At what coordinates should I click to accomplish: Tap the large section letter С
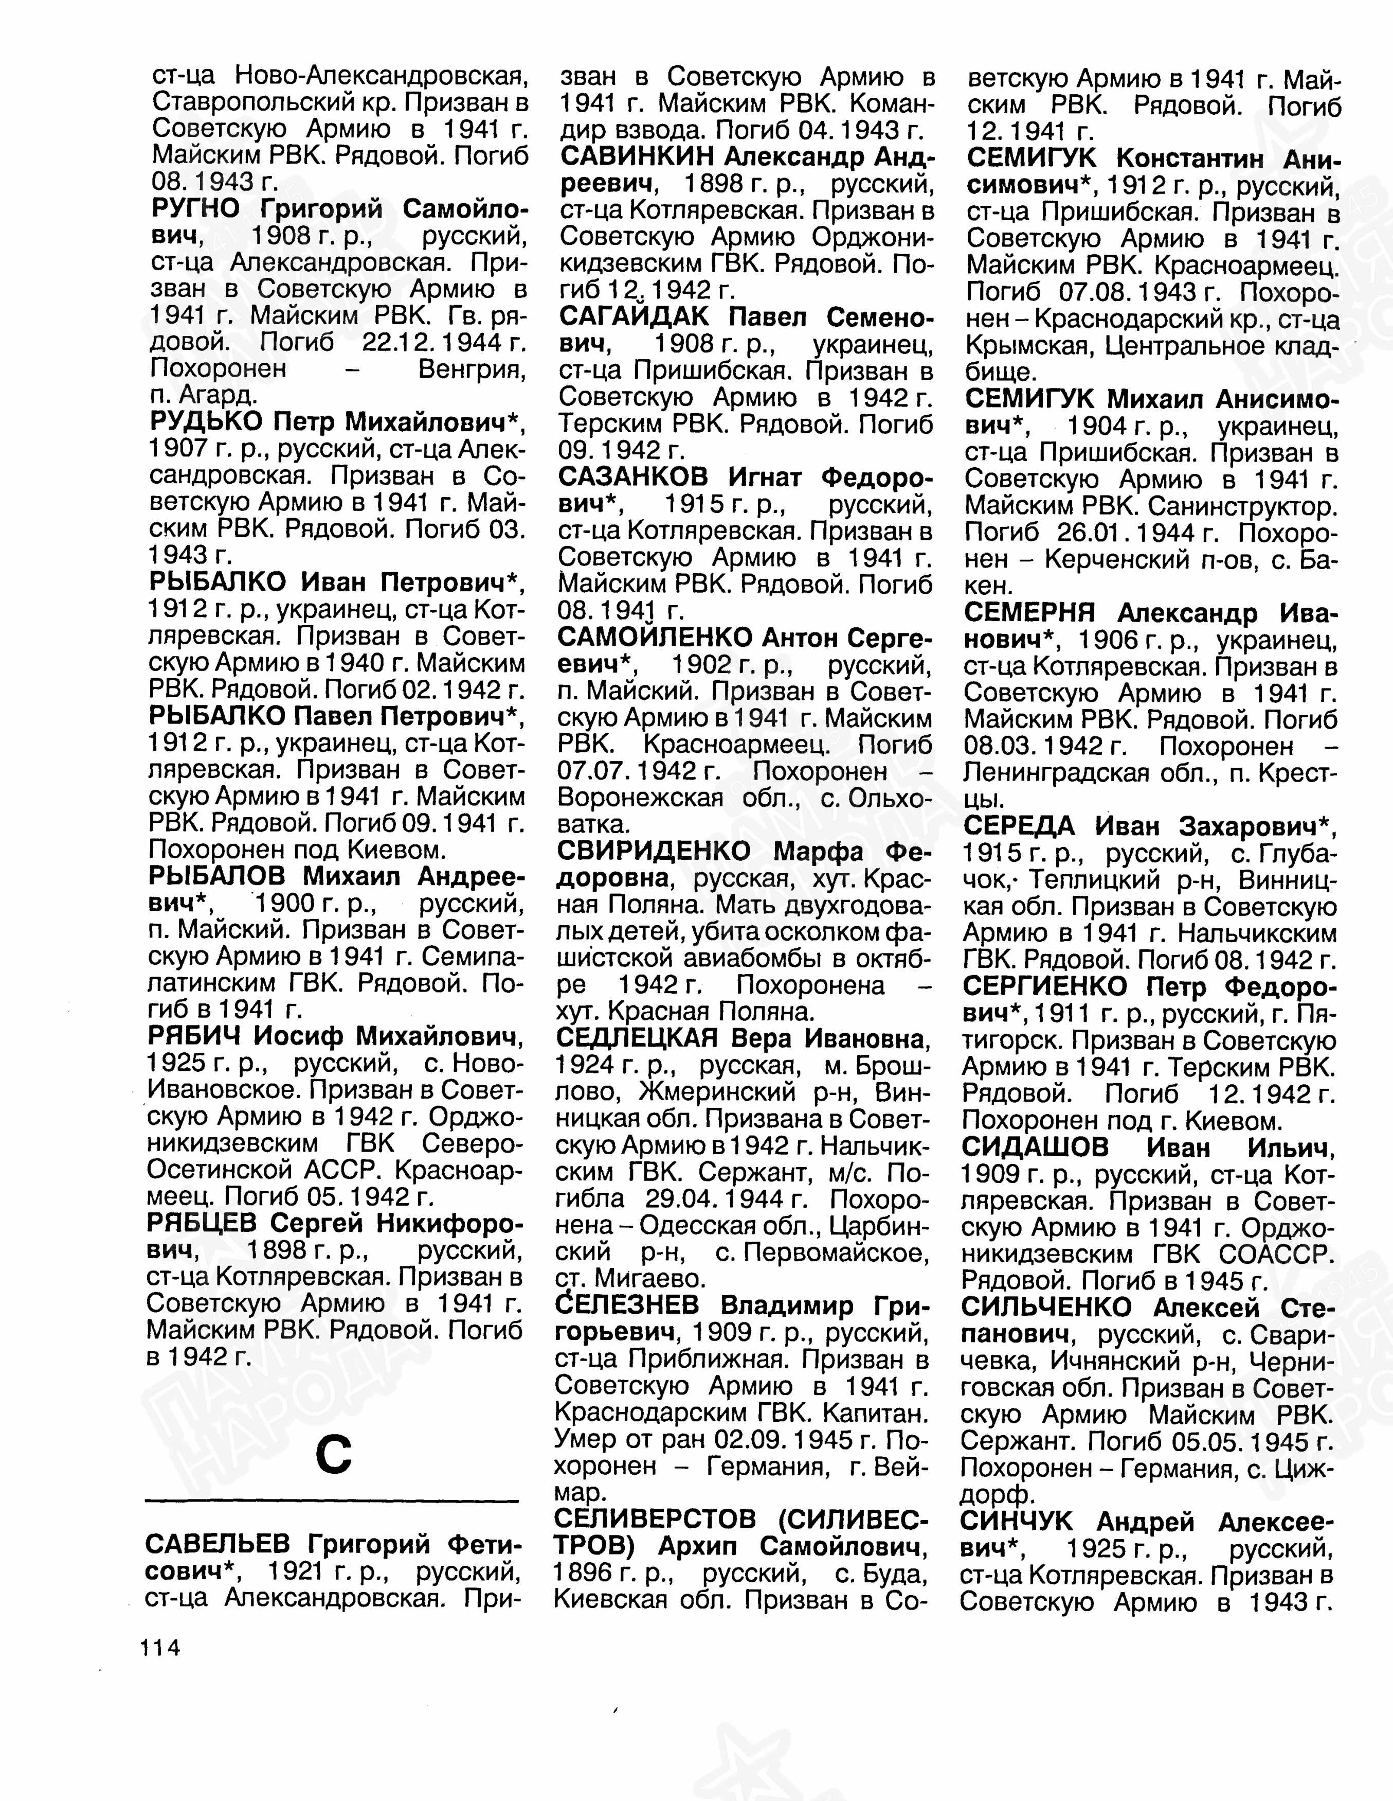coord(334,1454)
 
